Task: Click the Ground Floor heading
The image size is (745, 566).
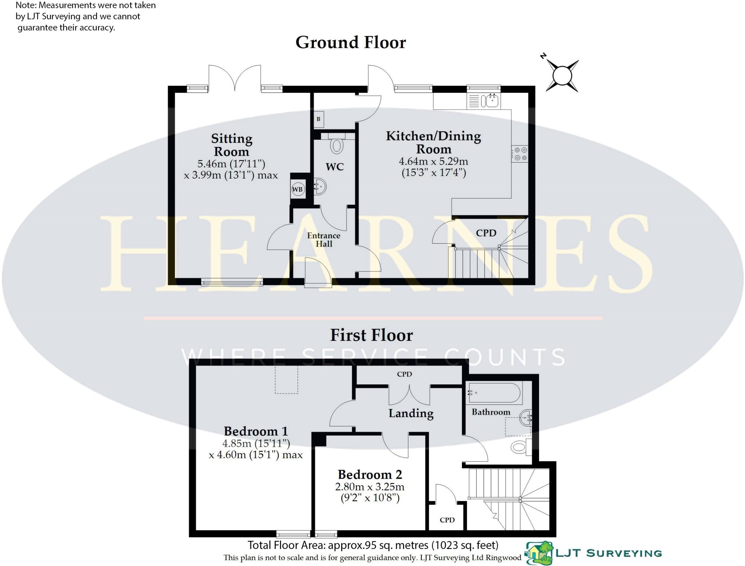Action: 350,43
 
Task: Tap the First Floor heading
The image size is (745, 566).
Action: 371,335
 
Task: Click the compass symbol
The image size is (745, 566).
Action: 562,76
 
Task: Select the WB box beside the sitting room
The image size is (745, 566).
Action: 297,189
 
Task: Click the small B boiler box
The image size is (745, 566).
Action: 318,119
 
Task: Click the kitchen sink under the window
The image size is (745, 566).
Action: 489,101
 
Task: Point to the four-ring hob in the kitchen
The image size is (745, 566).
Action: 519,154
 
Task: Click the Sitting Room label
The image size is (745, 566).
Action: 231,145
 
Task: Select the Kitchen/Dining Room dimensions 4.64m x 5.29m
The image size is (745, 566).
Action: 433,162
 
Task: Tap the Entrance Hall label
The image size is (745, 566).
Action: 323,240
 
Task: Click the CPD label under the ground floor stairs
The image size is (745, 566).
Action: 486,233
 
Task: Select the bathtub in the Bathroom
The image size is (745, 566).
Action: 495,393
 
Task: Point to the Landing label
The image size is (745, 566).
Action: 411,413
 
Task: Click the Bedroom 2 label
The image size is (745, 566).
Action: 370,474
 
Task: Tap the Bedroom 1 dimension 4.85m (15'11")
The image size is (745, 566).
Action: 256,443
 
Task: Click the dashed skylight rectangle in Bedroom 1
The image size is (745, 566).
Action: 286,380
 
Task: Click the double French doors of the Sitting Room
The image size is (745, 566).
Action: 235,77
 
